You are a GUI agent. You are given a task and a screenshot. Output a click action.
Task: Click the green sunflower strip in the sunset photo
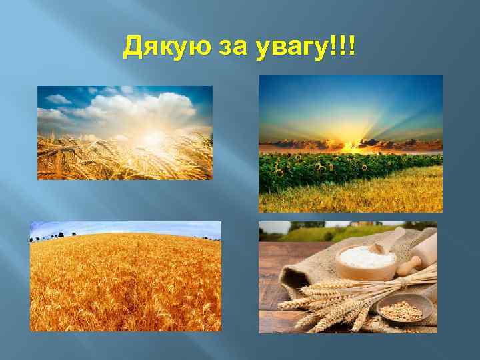333,170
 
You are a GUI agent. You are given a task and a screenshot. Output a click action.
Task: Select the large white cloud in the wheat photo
140,107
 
